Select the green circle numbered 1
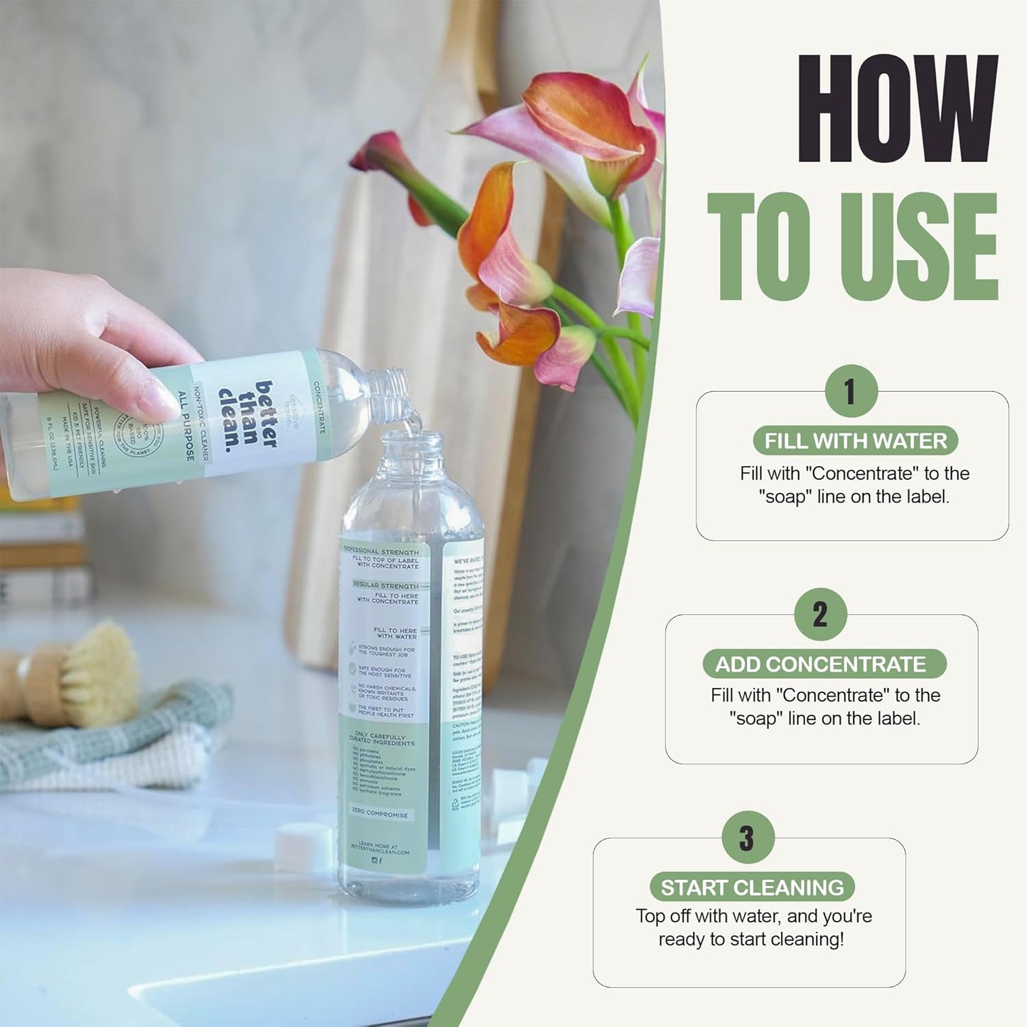pyautogui.click(x=851, y=391)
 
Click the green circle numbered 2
pyautogui.click(x=820, y=614)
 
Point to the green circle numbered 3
pyautogui.click(x=746, y=837)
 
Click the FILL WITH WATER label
pyautogui.click(x=855, y=441)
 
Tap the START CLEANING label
pyautogui.click(x=752, y=887)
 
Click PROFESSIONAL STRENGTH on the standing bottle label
pyautogui.click(x=381, y=552)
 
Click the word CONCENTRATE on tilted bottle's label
pyautogui.click(x=319, y=408)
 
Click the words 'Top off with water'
pyautogui.click(x=701, y=916)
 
